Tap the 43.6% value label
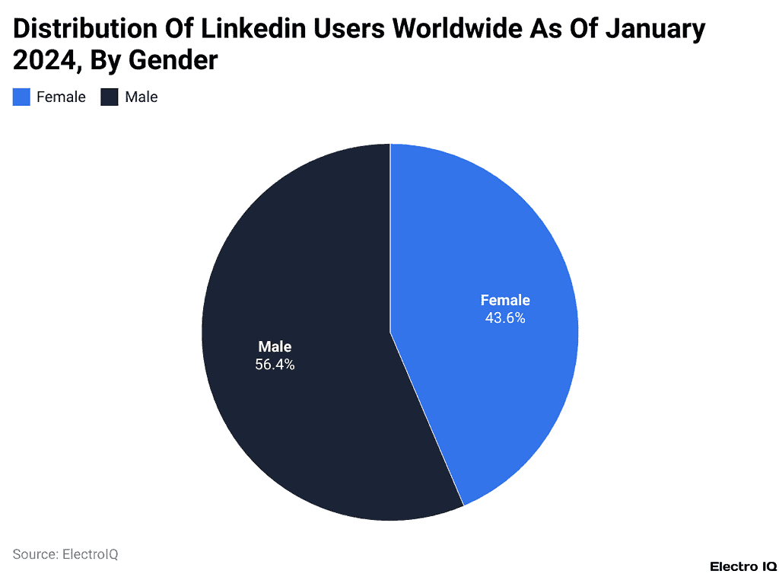click(505, 318)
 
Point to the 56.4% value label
click(275, 365)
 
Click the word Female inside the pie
click(505, 300)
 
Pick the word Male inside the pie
click(275, 346)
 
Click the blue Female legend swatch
click(21, 97)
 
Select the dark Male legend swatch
click(110, 97)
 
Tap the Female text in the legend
click(61, 97)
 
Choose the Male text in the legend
click(141, 97)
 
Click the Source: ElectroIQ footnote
click(65, 554)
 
